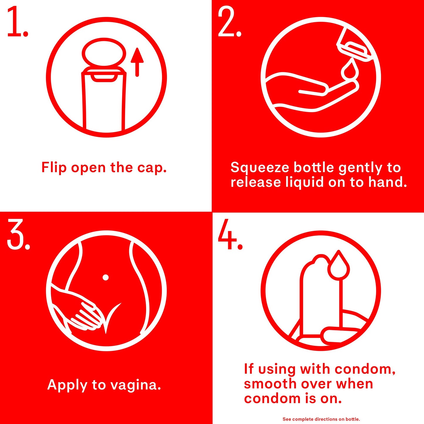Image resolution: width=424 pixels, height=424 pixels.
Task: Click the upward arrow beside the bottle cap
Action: (x=137, y=62)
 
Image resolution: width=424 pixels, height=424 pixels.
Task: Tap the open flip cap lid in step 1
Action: (x=104, y=52)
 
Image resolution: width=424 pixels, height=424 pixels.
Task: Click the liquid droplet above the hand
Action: (x=349, y=69)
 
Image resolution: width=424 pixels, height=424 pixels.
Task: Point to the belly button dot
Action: (x=106, y=277)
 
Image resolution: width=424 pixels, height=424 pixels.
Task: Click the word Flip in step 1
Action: (x=54, y=168)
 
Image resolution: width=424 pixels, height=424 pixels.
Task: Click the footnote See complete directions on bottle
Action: (x=321, y=419)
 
